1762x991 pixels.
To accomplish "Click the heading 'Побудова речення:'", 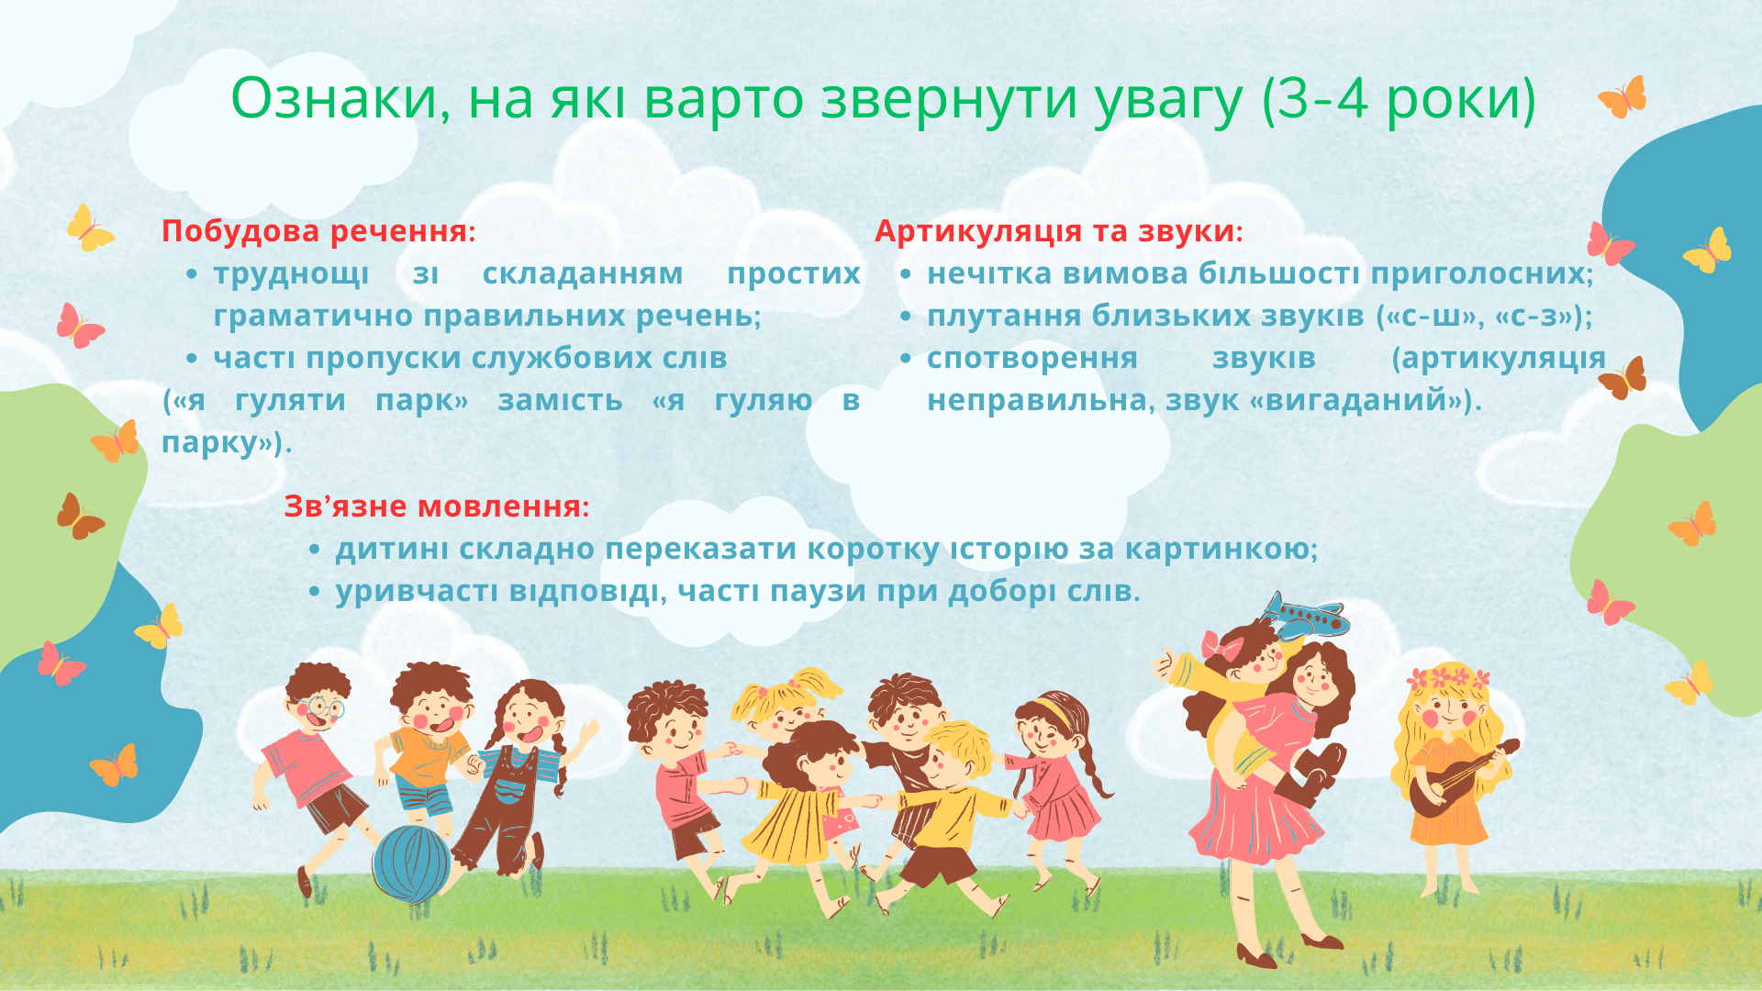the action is click(x=319, y=231).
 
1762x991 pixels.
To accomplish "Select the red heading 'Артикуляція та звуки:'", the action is click(x=1059, y=231).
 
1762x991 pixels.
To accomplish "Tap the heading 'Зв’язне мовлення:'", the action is click(x=437, y=507).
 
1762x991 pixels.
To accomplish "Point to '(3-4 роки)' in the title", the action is click(x=1400, y=99).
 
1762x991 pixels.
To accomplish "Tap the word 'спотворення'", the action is click(x=1032, y=359).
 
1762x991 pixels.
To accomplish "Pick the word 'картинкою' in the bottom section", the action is click(x=1221, y=549).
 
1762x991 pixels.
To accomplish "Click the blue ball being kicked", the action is click(x=411, y=863).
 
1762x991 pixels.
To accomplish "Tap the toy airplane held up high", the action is click(x=1303, y=616).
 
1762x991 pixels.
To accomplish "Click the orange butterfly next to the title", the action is click(x=1623, y=97).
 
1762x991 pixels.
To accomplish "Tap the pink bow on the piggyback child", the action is click(x=1221, y=645).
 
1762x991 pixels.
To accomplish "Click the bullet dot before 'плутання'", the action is click(x=906, y=317).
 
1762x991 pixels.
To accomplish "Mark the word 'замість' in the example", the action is click(x=560, y=401).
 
